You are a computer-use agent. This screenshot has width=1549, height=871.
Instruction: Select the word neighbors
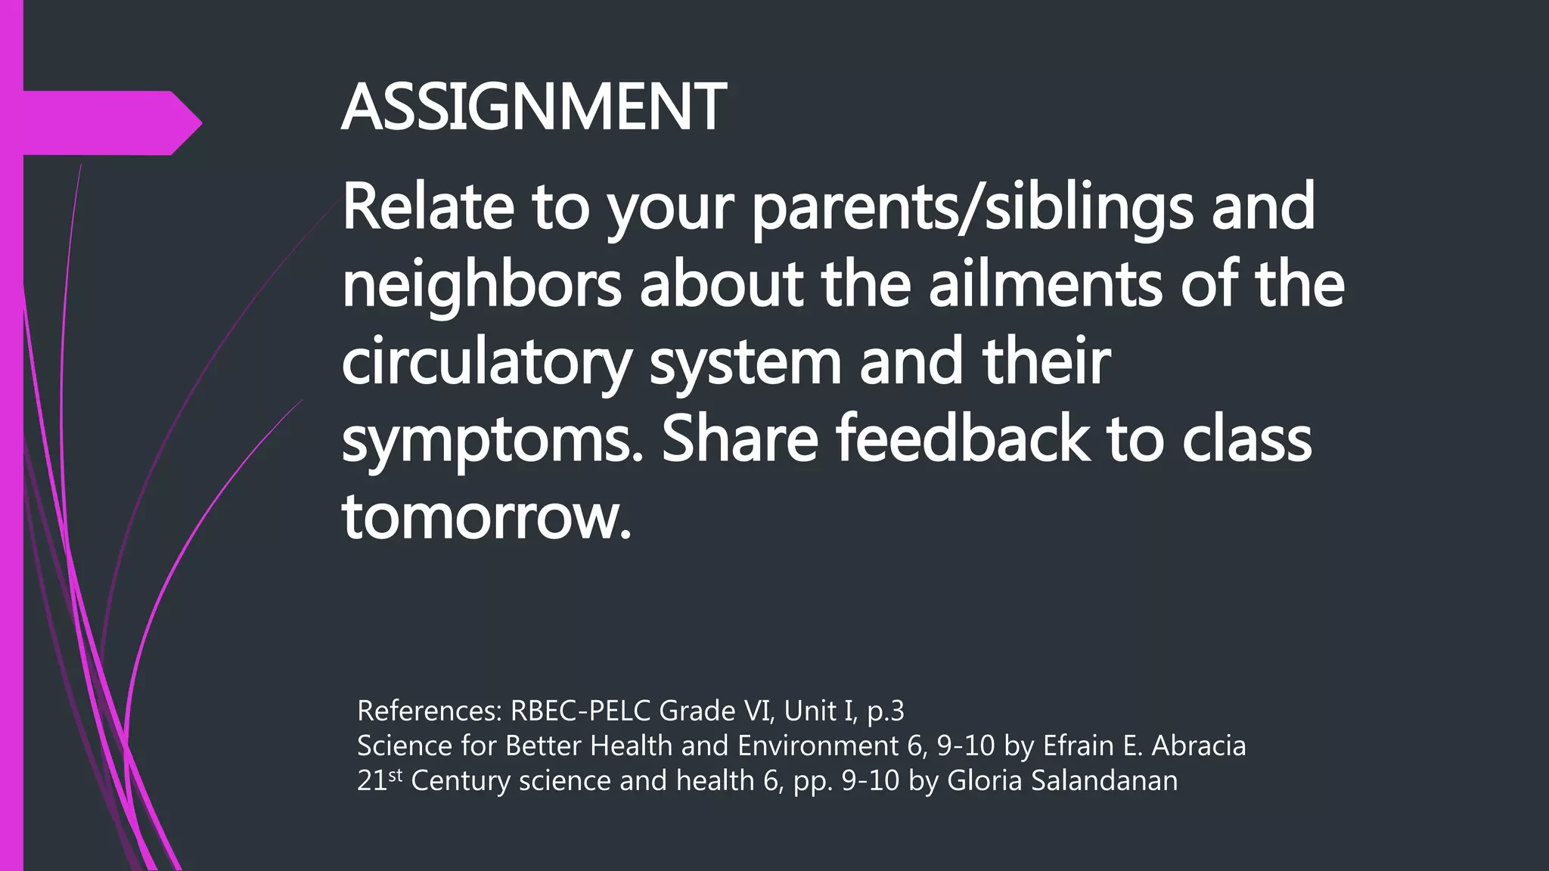tap(482, 286)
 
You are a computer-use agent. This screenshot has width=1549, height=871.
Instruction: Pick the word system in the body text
tap(745, 363)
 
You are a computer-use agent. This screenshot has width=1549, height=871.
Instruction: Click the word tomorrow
tap(486, 519)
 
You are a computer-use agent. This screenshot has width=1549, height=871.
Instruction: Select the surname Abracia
tap(1198, 745)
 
